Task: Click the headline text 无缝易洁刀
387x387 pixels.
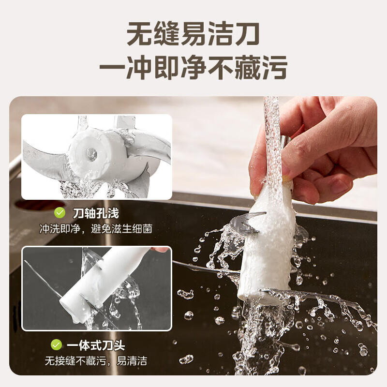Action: click(x=193, y=35)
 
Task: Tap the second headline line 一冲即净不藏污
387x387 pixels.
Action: click(x=193, y=67)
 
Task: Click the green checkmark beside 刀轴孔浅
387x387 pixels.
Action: click(x=59, y=213)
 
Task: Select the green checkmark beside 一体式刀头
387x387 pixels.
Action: click(x=57, y=345)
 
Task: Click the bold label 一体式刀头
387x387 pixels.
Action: click(x=95, y=345)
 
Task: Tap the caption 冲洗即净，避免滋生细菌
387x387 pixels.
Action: click(x=96, y=228)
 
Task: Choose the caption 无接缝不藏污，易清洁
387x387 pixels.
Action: click(x=96, y=360)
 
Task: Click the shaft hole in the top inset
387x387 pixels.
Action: click(x=91, y=153)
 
